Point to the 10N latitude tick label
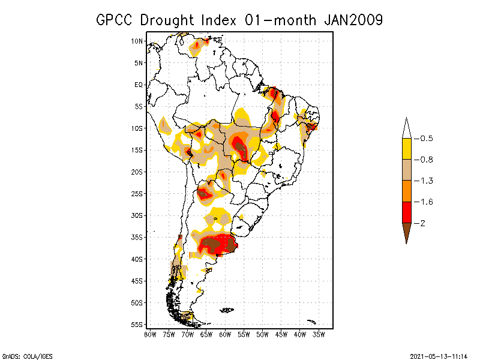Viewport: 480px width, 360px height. tap(137, 41)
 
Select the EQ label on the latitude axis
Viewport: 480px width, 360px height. tap(139, 85)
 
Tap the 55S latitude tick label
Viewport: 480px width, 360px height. tap(137, 325)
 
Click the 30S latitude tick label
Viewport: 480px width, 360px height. tap(137, 215)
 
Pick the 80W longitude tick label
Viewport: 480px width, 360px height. tap(150, 334)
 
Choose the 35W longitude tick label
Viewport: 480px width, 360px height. tap(319, 334)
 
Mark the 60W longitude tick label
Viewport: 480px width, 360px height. tap(225, 334)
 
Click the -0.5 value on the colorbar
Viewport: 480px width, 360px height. tap(425, 139)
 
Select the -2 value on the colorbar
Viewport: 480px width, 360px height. tap(423, 223)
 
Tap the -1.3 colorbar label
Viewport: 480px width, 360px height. tap(425, 181)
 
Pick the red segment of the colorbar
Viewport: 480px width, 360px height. tap(406, 212)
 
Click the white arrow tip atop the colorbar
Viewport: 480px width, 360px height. tap(406, 128)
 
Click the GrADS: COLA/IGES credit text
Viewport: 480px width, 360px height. tap(23, 356)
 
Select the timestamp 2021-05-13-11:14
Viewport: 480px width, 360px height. tap(438, 356)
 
